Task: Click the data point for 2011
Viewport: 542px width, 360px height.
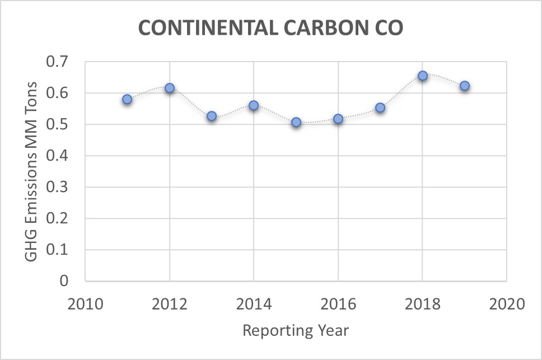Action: click(127, 99)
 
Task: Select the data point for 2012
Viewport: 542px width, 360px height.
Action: click(170, 88)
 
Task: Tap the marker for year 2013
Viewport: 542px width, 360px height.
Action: click(212, 116)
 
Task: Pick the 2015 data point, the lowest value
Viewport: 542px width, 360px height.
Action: click(296, 122)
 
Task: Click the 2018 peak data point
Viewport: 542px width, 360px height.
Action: click(423, 76)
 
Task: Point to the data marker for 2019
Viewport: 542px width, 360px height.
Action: click(465, 86)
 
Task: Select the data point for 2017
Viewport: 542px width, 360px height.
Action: click(380, 107)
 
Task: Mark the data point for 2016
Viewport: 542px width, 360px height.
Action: click(338, 119)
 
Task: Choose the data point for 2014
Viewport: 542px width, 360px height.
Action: click(254, 105)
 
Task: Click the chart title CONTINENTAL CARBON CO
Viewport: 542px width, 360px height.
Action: click(270, 29)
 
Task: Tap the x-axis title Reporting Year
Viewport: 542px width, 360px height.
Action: click(296, 330)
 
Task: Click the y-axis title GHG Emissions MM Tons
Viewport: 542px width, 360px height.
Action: click(32, 171)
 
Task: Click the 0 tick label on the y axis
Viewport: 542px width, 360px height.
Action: click(71, 281)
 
